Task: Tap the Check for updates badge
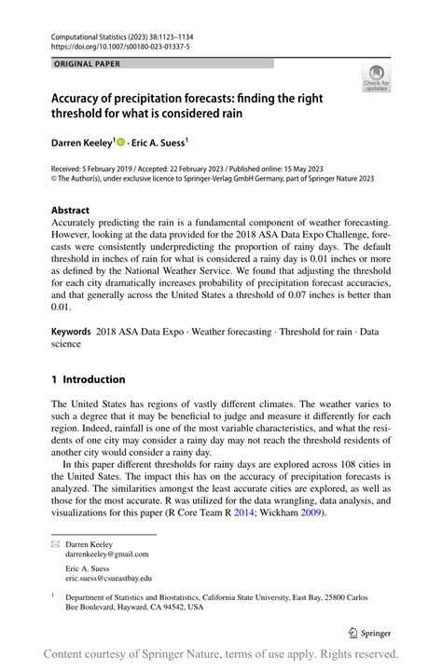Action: tap(376, 79)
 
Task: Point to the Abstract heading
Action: tap(70, 211)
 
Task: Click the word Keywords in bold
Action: tap(71, 331)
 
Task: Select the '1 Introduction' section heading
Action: tap(88, 379)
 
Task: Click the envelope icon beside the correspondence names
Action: tap(55, 542)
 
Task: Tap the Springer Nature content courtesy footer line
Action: tap(221, 654)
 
